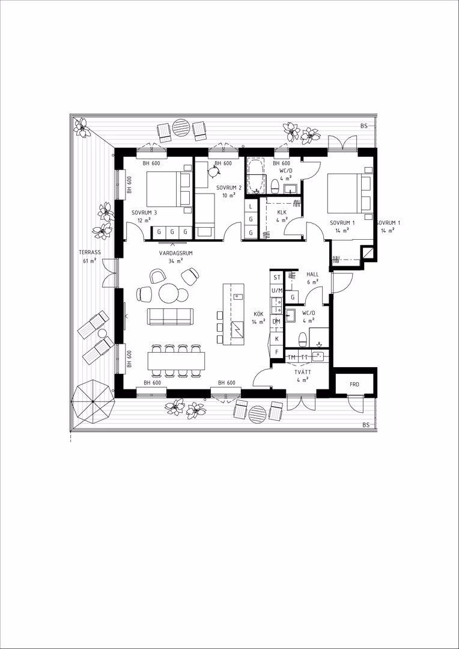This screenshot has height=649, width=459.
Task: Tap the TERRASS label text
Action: (90, 252)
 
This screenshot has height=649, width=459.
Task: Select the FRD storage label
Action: (354, 385)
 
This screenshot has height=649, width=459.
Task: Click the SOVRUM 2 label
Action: (225, 187)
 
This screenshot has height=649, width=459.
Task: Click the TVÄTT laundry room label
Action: (303, 372)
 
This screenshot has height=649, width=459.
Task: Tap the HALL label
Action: (312, 274)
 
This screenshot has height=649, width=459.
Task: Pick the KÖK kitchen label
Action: (258, 314)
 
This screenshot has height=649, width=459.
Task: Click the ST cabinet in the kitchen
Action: (276, 277)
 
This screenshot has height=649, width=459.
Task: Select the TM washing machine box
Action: (292, 357)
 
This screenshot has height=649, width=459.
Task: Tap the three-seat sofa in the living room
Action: (171, 317)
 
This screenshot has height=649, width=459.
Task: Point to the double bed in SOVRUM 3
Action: (169, 189)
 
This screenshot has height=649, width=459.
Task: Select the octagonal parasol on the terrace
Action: (93, 401)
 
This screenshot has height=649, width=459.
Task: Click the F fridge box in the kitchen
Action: (276, 352)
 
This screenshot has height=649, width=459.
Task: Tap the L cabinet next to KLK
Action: (251, 206)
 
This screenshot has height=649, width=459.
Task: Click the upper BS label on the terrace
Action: (364, 126)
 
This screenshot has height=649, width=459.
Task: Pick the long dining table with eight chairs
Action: (176, 361)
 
